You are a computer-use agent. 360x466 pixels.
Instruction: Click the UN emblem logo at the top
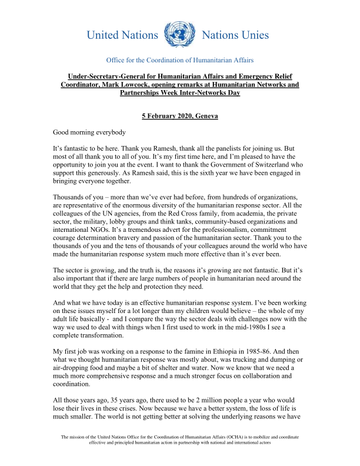click(179, 35)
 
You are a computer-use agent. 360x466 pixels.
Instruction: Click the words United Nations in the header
click(122, 35)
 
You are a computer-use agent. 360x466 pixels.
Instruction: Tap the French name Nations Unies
click(235, 35)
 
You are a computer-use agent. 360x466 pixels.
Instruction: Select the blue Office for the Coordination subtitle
click(179, 61)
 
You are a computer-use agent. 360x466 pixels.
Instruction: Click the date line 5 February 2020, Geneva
click(180, 116)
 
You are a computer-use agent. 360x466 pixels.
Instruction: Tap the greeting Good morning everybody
click(89, 132)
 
